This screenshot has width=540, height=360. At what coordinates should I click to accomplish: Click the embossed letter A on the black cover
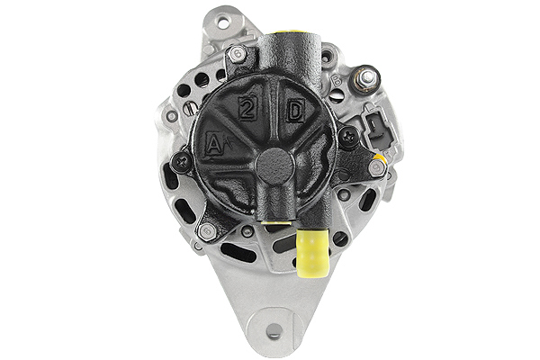pos(214,142)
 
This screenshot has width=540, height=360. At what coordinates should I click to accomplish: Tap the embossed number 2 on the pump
pos(246,110)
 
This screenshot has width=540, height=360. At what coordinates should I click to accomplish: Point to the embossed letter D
pos(294,112)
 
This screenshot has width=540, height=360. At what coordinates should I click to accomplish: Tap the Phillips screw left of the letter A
pos(184,162)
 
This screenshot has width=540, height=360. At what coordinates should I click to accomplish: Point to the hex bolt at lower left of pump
pos(208,231)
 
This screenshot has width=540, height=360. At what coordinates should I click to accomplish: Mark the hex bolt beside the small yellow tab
pos(375,167)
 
